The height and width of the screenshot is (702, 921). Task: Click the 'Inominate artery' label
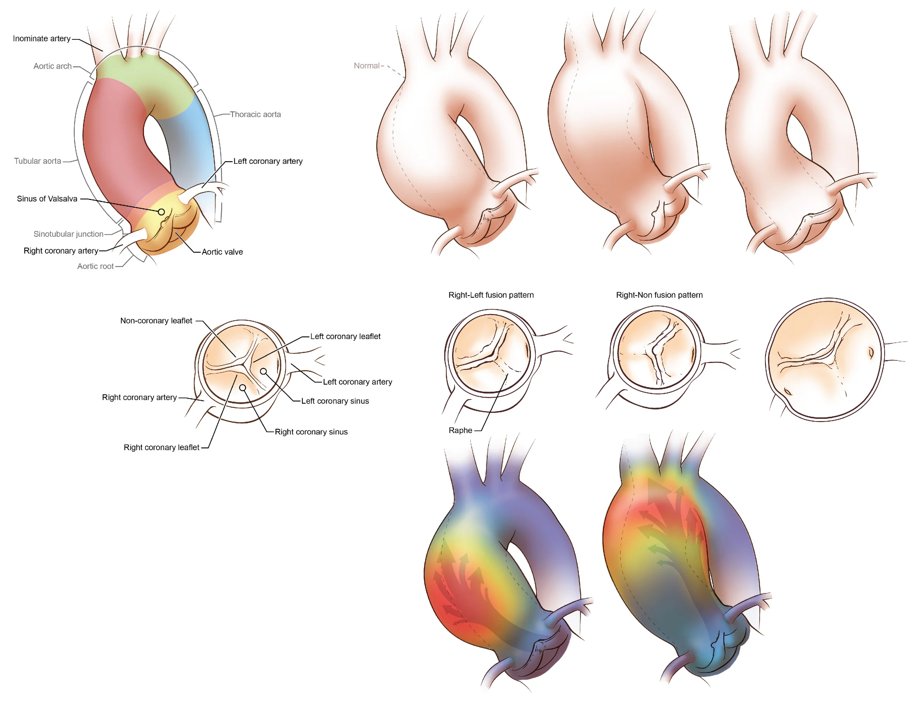pyautogui.click(x=41, y=38)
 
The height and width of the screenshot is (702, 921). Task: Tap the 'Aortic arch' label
pyautogui.click(x=52, y=66)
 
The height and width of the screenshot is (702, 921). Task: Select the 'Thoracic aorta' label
pyautogui.click(x=255, y=114)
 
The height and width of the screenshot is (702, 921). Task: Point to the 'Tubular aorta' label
pyautogui.click(x=37, y=161)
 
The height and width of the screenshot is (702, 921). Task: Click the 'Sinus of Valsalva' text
pyautogui.click(x=47, y=199)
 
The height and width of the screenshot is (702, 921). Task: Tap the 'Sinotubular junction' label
pyautogui.click(x=68, y=234)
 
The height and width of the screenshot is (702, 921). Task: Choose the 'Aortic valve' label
pyautogui.click(x=222, y=252)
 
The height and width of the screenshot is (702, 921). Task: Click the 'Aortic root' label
pyautogui.click(x=95, y=266)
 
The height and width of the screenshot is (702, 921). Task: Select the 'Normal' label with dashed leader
pyautogui.click(x=366, y=66)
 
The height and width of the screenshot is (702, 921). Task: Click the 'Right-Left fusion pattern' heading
pyautogui.click(x=491, y=295)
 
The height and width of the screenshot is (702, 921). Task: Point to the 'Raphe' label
pyautogui.click(x=460, y=430)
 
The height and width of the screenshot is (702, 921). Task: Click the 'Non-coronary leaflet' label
pyautogui.click(x=156, y=321)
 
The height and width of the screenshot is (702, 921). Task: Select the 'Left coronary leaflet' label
pyautogui.click(x=345, y=336)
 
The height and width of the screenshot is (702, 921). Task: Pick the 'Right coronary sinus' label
pyautogui.click(x=311, y=432)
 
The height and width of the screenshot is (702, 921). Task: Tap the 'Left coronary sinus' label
pyautogui.click(x=335, y=401)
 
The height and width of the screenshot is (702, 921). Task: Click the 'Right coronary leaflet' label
pyautogui.click(x=161, y=448)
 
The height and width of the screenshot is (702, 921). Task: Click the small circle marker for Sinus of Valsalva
pyautogui.click(x=161, y=212)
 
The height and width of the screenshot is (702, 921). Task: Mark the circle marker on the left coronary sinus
pyautogui.click(x=263, y=371)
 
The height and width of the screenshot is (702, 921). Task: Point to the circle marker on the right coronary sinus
pyautogui.click(x=242, y=388)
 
